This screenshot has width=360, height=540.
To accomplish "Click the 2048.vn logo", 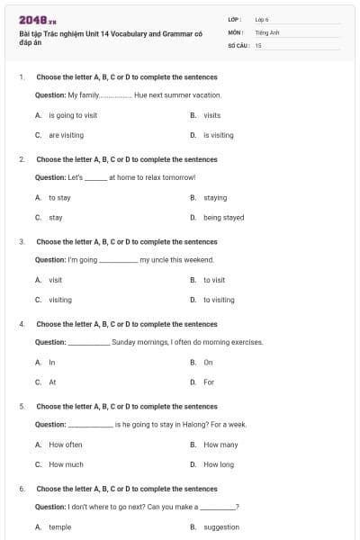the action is pyautogui.click(x=38, y=19).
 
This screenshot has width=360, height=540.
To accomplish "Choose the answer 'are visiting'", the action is pyautogui.click(x=66, y=135).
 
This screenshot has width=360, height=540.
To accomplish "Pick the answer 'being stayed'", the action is pyautogui.click(x=223, y=217).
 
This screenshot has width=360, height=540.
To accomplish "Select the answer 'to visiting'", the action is pyautogui.click(x=219, y=300).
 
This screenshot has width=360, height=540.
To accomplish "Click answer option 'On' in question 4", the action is pyautogui.click(x=208, y=362).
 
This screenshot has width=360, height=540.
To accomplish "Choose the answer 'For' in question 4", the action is pyautogui.click(x=209, y=382).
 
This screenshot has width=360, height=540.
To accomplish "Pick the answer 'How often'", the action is pyautogui.click(x=66, y=445).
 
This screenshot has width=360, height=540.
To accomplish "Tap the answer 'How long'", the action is pyautogui.click(x=219, y=464).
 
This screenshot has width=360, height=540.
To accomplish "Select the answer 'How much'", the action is pyautogui.click(x=66, y=464).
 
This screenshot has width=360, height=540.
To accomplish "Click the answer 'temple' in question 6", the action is pyautogui.click(x=60, y=527).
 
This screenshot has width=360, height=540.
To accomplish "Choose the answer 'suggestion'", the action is pyautogui.click(x=221, y=527).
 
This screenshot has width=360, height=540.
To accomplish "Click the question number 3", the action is pyautogui.click(x=22, y=241).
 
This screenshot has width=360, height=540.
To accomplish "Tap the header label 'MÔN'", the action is pyautogui.click(x=234, y=31).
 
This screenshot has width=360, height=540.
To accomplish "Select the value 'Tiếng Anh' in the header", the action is pyautogui.click(x=266, y=31).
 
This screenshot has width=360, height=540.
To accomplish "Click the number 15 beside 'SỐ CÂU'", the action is pyautogui.click(x=258, y=44).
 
